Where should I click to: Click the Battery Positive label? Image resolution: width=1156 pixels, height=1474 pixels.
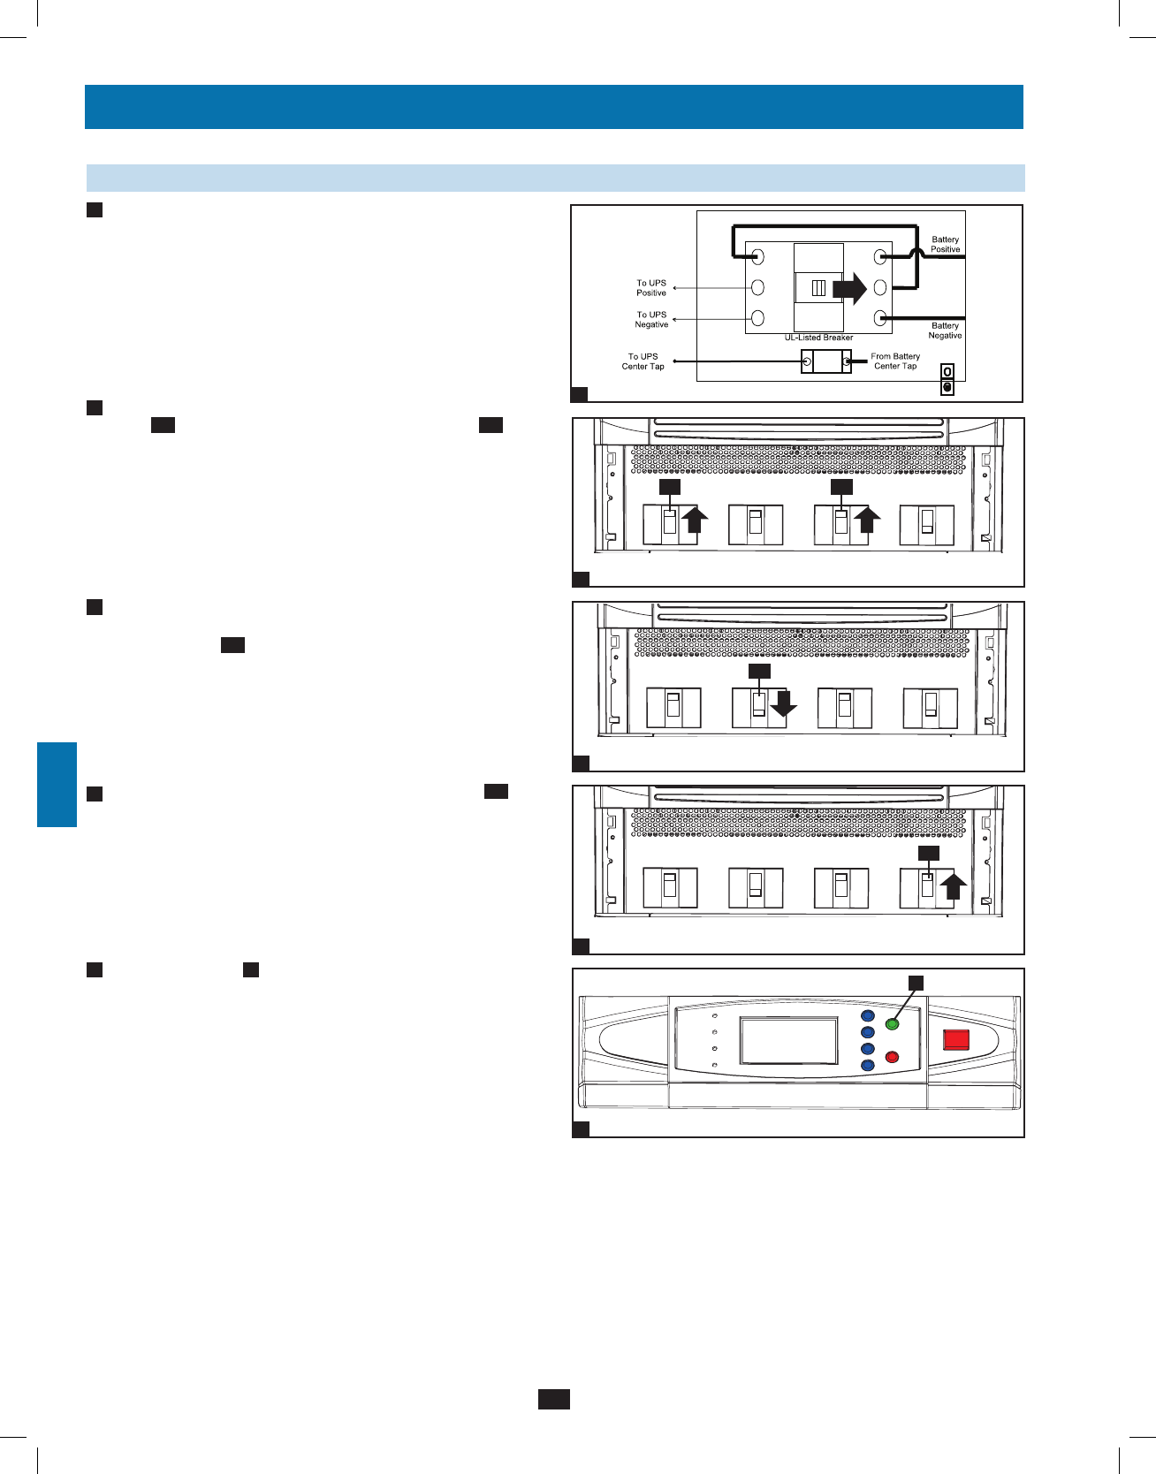point(945,245)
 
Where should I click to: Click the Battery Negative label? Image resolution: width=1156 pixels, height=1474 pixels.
point(945,331)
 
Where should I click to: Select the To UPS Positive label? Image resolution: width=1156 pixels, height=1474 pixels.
point(651,288)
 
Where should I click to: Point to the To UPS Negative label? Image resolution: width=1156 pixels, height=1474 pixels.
point(651,320)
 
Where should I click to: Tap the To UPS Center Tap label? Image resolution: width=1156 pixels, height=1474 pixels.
point(643,361)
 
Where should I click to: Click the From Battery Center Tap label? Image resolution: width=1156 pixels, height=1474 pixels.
point(895,361)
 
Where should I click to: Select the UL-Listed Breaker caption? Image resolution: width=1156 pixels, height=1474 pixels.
point(818,338)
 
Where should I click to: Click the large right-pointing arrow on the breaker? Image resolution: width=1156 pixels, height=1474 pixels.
point(849,288)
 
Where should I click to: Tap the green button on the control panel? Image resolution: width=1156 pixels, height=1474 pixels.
point(892,1024)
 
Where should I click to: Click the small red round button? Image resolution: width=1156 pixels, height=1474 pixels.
point(892,1057)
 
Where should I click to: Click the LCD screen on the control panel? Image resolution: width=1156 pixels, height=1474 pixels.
point(788,1040)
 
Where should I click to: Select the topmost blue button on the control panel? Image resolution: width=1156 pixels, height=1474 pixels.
point(867,1016)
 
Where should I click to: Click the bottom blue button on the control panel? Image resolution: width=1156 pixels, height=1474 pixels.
point(867,1066)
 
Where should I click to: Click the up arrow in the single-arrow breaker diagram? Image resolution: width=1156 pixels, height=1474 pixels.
point(952,885)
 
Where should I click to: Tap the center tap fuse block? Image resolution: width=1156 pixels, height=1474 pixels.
point(826,361)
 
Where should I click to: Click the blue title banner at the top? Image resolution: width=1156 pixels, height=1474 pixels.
point(553,107)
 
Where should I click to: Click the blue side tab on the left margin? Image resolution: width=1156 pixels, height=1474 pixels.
point(57,785)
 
